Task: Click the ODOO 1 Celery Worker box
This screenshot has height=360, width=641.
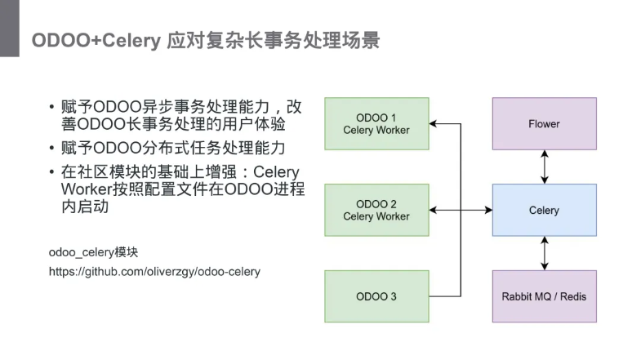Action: coord(376,123)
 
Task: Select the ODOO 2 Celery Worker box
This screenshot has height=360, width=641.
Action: coord(376,210)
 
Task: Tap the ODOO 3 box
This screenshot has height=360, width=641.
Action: coord(376,296)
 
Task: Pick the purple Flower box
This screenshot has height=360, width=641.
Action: coord(544,124)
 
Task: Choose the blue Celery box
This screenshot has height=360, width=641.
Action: coord(544,210)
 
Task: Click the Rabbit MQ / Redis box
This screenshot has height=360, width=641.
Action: coord(544,296)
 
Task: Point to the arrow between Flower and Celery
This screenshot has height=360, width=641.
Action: coord(544,167)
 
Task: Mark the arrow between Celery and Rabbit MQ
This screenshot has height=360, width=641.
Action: coord(544,252)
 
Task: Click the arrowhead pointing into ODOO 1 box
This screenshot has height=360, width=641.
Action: coord(434,124)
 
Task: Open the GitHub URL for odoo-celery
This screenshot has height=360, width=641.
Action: coord(154,271)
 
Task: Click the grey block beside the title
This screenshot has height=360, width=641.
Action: coord(9,29)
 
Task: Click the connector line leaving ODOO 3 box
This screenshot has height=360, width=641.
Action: coord(445,296)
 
